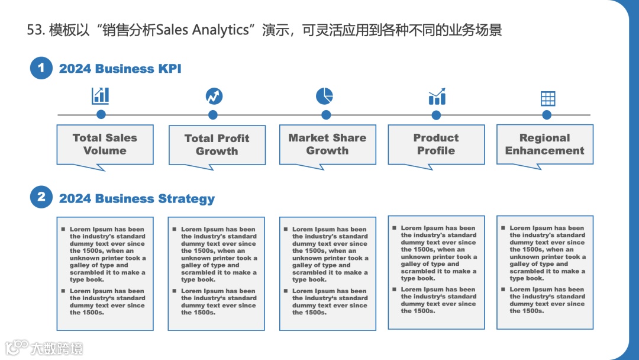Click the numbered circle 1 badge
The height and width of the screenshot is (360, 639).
click(x=41, y=68)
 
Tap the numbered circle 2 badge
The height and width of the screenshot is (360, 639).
click(x=41, y=197)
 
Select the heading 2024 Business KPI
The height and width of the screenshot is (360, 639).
click(x=120, y=69)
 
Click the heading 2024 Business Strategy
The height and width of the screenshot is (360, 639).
click(x=137, y=198)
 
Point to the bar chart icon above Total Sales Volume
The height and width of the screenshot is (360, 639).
click(x=101, y=95)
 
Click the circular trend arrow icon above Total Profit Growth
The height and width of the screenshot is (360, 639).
click(x=214, y=96)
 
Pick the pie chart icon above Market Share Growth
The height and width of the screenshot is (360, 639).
click(x=324, y=95)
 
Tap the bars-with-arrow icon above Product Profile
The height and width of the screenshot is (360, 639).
click(x=437, y=97)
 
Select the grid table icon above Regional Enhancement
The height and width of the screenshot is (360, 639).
click(x=548, y=98)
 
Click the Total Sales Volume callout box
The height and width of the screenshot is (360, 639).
click(x=105, y=144)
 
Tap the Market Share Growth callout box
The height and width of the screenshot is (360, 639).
click(x=327, y=144)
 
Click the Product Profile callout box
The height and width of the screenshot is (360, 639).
click(x=436, y=144)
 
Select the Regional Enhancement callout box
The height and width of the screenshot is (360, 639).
click(x=544, y=144)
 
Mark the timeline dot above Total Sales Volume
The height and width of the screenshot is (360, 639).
click(x=101, y=115)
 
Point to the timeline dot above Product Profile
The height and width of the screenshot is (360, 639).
click(x=436, y=115)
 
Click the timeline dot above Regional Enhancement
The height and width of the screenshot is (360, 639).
click(x=547, y=115)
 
